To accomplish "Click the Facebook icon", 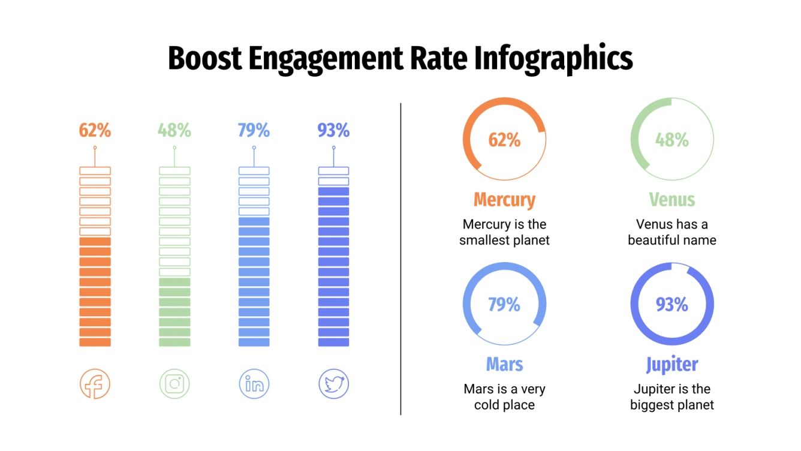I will [x=95, y=384].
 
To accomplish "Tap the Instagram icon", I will [x=174, y=384].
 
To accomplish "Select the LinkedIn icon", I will [x=254, y=384].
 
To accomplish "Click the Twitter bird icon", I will [x=333, y=384].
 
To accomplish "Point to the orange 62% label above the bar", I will [x=95, y=130].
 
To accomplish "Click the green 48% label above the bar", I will [x=174, y=130].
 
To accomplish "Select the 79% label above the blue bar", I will [x=254, y=130].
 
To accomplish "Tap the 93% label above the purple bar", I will [x=333, y=130].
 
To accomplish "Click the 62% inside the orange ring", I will [x=504, y=140].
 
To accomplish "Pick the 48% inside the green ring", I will [x=671, y=140].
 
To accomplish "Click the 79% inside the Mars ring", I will [x=504, y=305].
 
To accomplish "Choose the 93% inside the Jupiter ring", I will [x=671, y=305].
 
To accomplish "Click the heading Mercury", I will [x=504, y=200].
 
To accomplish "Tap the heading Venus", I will [x=671, y=200].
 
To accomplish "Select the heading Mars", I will [x=504, y=364].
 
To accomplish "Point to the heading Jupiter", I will [x=671, y=364].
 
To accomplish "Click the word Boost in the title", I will [x=204, y=59].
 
